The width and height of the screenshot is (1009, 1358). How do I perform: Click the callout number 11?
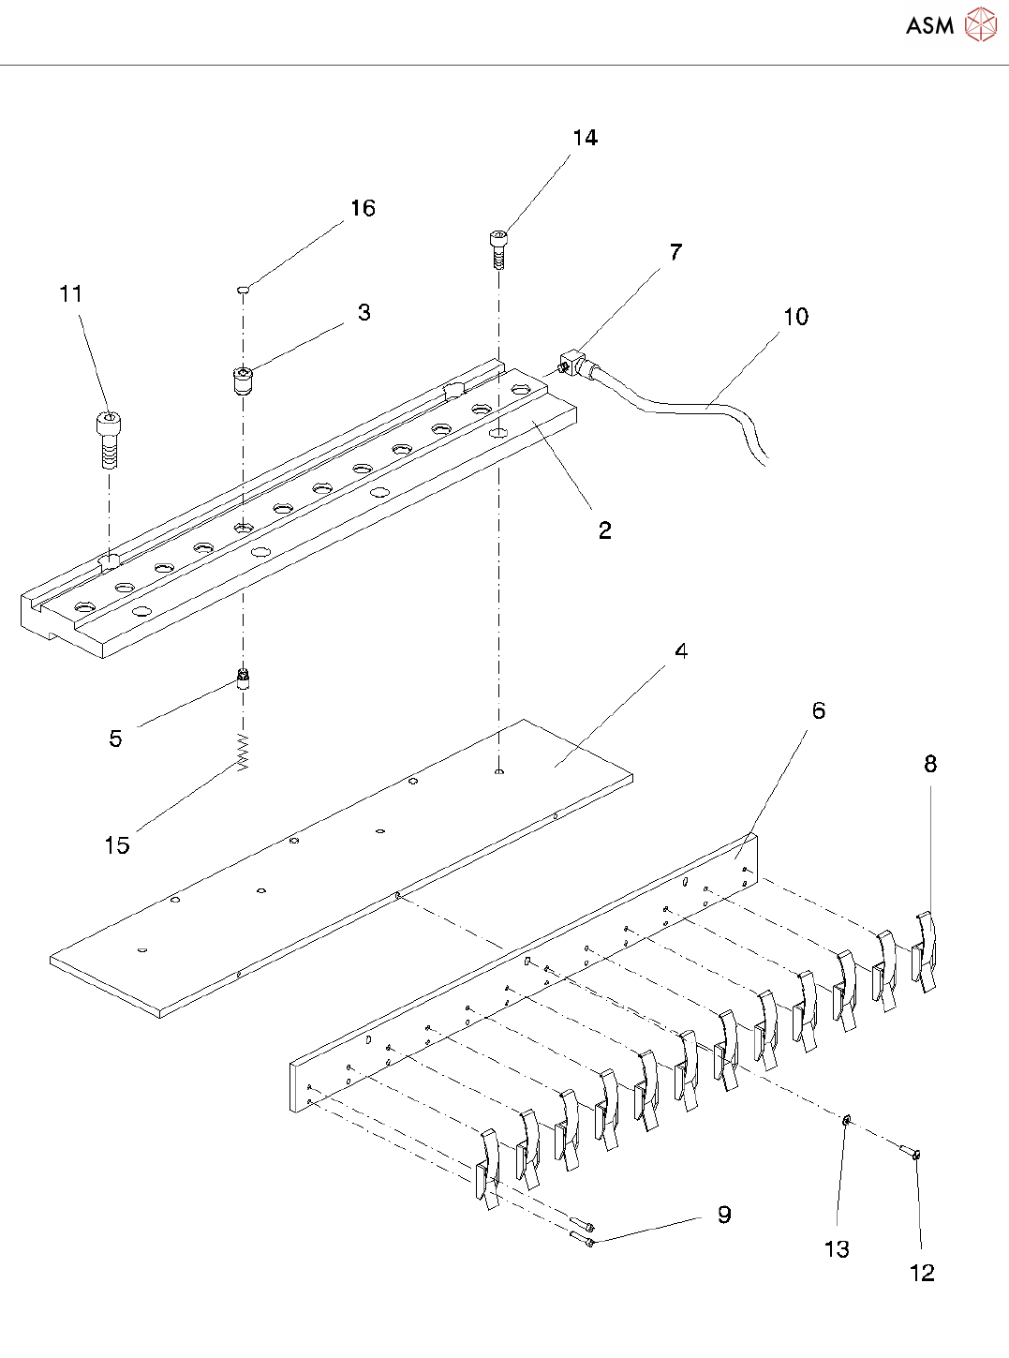(71, 294)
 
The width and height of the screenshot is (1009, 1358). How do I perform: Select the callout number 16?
(363, 208)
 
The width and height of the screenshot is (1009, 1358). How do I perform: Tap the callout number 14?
(585, 138)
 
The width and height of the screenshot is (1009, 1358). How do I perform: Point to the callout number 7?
(675, 251)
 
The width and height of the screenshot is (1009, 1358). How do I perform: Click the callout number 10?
(795, 317)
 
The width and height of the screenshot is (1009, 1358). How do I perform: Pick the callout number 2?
(604, 530)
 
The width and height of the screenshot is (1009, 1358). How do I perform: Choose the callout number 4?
(681, 650)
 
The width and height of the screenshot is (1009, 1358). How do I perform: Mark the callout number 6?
(818, 710)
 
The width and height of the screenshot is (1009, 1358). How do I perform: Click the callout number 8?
(929, 764)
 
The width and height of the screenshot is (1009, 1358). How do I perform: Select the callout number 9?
(723, 1215)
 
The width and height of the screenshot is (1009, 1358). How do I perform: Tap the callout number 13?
(836, 1249)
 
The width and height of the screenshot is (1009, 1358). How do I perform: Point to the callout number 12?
(922, 1273)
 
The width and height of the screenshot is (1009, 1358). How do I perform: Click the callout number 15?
(116, 845)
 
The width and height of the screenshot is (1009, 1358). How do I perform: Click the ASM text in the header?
(929, 25)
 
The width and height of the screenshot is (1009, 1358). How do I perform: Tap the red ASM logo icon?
(980, 25)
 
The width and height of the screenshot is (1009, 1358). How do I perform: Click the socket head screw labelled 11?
(109, 439)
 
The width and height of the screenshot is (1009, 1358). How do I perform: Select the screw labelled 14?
(499, 248)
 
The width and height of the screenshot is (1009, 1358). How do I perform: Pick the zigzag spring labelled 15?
(243, 752)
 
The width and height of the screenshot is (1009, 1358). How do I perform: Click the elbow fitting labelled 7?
(573, 365)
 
